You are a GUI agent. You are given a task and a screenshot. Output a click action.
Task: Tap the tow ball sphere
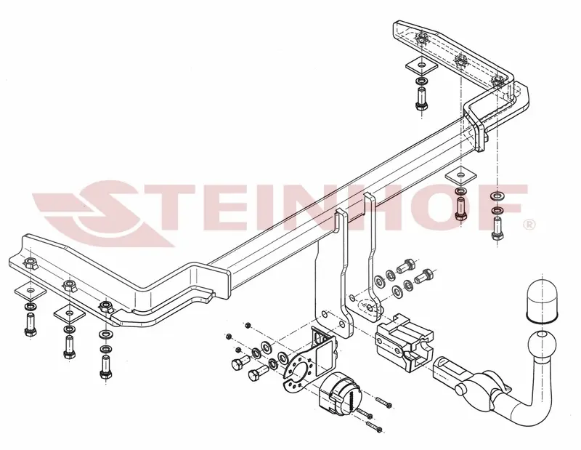coord(540,345)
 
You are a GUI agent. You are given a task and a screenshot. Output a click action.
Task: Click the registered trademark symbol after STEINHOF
coord(529,225)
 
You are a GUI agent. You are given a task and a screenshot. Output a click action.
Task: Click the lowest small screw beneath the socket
coord(373,427)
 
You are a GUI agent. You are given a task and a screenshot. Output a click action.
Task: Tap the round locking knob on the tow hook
coord(460,390)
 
